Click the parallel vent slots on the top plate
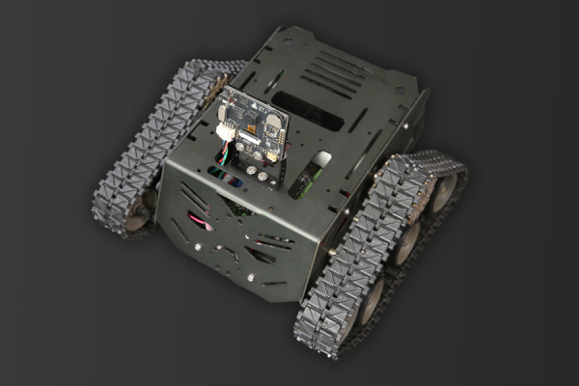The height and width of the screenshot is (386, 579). click(x=333, y=71)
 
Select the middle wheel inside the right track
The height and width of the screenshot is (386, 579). click(x=406, y=241)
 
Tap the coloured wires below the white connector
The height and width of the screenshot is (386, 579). click(x=224, y=154)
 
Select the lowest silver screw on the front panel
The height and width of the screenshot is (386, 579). click(x=252, y=276)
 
